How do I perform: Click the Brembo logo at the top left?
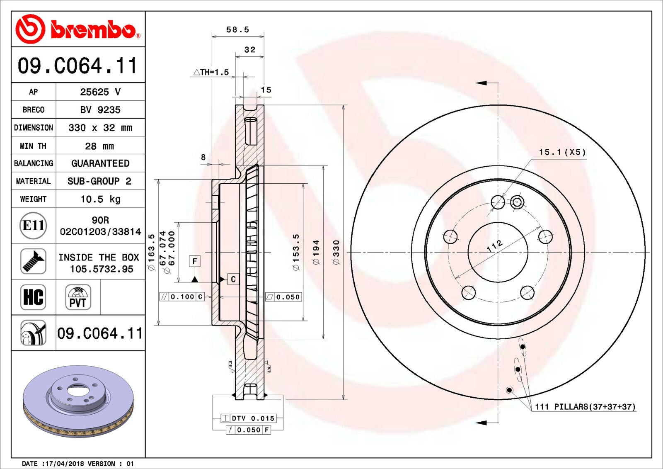click(78, 29)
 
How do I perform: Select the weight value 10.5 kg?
click(101, 199)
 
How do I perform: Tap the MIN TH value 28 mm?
click(99, 146)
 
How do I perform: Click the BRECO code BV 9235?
click(100, 110)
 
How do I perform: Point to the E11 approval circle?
click(34, 226)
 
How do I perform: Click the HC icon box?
click(34, 297)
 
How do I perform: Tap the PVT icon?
click(78, 297)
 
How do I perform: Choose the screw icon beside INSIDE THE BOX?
click(34, 261)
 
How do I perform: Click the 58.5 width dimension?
click(238, 29)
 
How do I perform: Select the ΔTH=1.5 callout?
click(211, 72)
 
